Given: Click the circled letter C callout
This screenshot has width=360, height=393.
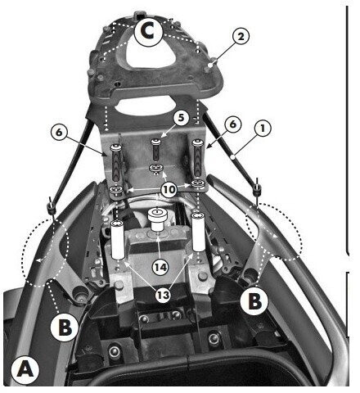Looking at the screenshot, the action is (149, 32).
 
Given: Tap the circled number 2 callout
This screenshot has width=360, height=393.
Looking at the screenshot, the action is (241, 36).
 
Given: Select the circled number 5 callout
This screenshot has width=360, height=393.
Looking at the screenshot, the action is (182, 118).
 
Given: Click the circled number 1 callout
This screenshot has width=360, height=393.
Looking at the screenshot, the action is (263, 129).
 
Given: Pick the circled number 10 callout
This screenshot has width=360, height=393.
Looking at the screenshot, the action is (169, 189).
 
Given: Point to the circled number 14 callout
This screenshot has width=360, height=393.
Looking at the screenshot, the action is (160, 267).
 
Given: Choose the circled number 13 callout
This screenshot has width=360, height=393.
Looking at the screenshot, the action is (163, 295).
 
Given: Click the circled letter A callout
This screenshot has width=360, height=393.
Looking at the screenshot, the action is (25, 370).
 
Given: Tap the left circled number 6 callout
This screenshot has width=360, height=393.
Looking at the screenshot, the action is (59, 133).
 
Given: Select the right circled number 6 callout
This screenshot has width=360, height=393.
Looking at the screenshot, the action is (232, 124).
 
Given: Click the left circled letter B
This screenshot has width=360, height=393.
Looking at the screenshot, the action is (65, 327).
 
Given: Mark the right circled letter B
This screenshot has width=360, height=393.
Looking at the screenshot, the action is (254, 301).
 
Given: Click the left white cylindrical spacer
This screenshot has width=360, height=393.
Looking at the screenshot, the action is (118, 240).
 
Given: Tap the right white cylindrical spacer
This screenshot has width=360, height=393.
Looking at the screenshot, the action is (199, 232).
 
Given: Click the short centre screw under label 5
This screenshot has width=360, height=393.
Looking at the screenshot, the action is (156, 150).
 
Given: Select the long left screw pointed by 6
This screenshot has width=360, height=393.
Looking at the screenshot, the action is (115, 163).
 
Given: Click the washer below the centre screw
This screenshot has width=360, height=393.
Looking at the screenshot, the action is (156, 168).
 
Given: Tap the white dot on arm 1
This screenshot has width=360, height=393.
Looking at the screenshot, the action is (232, 157).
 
